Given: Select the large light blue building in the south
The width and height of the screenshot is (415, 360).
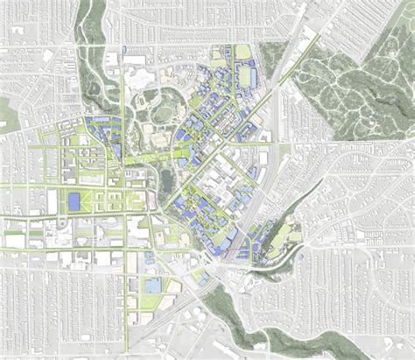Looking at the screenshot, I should pos(153,286).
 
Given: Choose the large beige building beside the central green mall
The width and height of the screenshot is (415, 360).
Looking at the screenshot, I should pos(163,137).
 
